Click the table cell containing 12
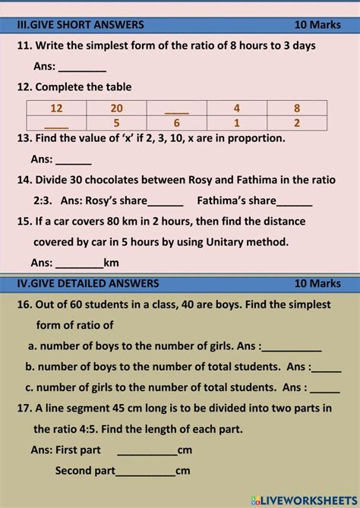click(x=57, y=108)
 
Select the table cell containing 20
click(x=116, y=108)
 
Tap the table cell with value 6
click(x=176, y=123)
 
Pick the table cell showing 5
click(x=116, y=123)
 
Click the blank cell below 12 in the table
click(x=57, y=123)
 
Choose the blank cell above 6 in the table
click(x=176, y=108)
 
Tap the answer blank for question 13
click(x=74, y=161)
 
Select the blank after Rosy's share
click(x=166, y=202)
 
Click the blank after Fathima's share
click(x=295, y=202)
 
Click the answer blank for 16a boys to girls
click(x=292, y=347)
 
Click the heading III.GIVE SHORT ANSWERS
click(x=80, y=25)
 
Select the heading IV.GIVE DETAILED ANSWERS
click(x=88, y=283)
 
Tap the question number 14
click(x=24, y=181)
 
